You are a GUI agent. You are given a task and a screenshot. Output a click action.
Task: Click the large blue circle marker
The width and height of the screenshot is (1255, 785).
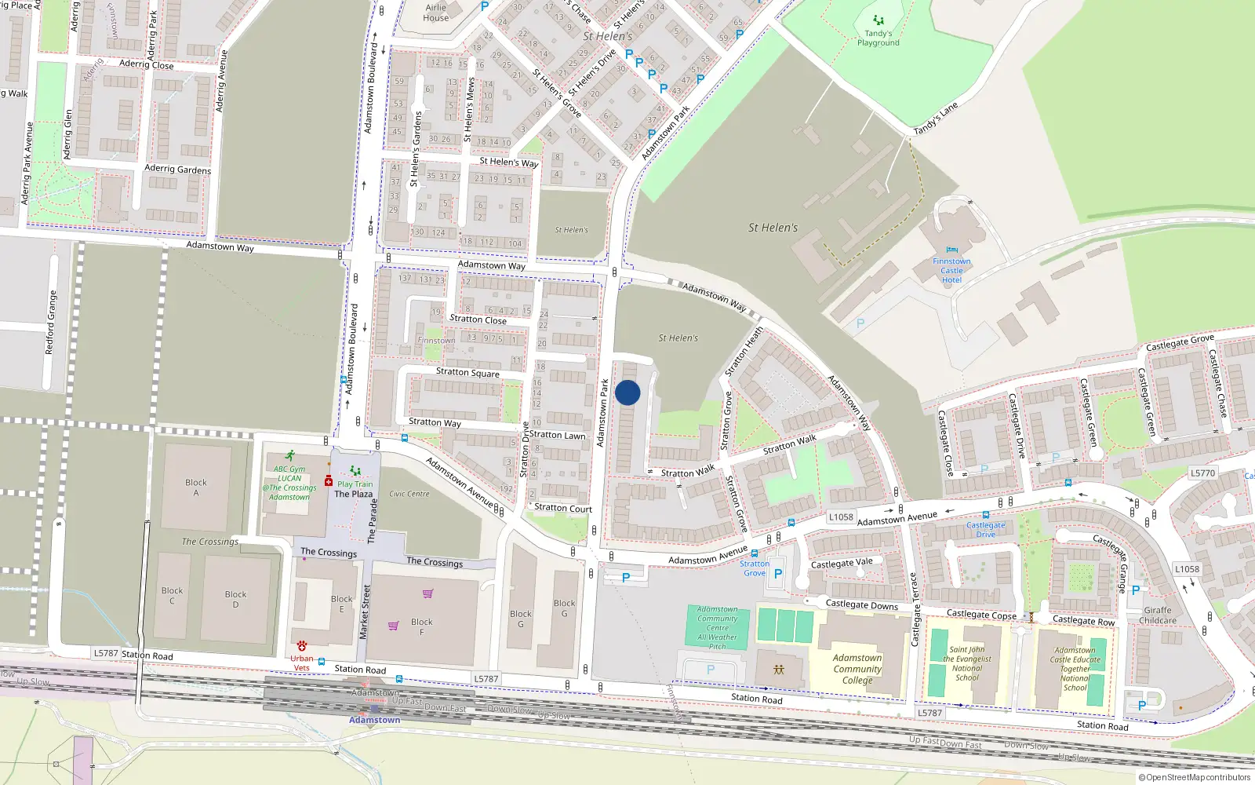[x=627, y=392]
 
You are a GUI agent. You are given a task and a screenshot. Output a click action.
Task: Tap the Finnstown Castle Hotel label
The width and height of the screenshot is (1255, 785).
[x=951, y=271]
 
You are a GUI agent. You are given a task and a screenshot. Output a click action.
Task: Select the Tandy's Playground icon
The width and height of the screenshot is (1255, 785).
[x=878, y=20]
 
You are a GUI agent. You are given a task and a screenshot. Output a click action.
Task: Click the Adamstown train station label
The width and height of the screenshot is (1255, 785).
[x=374, y=720]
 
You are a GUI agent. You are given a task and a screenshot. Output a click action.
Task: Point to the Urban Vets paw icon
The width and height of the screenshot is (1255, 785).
[x=302, y=646]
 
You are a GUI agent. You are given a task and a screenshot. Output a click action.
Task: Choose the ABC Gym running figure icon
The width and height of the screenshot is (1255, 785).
[x=290, y=455]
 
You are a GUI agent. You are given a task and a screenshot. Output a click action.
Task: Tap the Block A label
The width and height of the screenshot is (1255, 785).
[x=196, y=487]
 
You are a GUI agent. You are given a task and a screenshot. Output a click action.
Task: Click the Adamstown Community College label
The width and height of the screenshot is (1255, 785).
[x=857, y=670]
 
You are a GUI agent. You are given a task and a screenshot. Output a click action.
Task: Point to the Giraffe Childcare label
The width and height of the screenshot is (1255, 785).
[x=1158, y=615]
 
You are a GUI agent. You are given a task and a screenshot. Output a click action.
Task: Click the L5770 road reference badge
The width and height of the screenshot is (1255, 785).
[x=1202, y=473]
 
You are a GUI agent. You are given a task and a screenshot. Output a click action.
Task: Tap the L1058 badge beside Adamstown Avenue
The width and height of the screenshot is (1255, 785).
[x=841, y=517]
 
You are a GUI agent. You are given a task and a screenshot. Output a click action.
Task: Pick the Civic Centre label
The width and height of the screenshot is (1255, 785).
[x=409, y=494]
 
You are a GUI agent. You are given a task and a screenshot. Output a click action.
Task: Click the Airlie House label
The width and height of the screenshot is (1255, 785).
[x=436, y=13]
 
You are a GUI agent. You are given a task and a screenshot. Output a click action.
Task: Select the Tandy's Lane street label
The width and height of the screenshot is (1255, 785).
[x=936, y=119]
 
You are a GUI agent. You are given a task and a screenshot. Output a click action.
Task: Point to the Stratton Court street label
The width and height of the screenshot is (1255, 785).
[x=563, y=508]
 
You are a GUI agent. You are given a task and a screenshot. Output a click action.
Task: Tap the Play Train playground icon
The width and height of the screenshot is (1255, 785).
[x=355, y=471]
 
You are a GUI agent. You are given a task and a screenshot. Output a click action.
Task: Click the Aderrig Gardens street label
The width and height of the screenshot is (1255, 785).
[x=177, y=169]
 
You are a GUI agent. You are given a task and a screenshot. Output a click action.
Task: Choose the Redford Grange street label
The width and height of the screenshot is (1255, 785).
[x=52, y=323]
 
